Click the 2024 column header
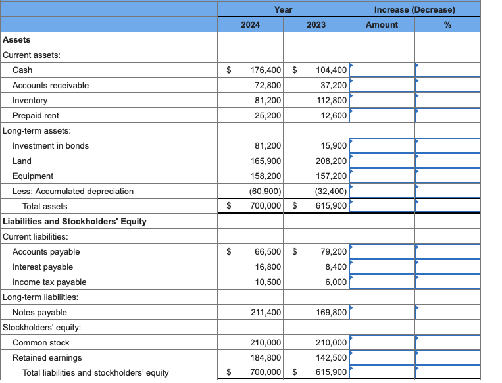click(x=250, y=24)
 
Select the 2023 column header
click(x=316, y=24)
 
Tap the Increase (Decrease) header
click(x=414, y=10)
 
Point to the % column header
click(x=447, y=24)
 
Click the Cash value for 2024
click(x=266, y=70)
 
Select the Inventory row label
click(x=30, y=101)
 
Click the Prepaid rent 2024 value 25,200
click(x=268, y=116)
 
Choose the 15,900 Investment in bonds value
click(x=334, y=146)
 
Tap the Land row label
click(x=22, y=161)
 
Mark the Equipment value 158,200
click(x=266, y=176)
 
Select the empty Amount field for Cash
click(x=382, y=70)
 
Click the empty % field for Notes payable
click(x=447, y=313)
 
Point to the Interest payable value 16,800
click(x=268, y=267)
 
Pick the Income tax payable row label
click(x=49, y=282)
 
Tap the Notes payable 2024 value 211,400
click(x=266, y=313)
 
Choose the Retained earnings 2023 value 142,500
click(x=332, y=358)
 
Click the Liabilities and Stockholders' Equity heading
click(x=75, y=222)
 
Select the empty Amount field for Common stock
click(x=382, y=343)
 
